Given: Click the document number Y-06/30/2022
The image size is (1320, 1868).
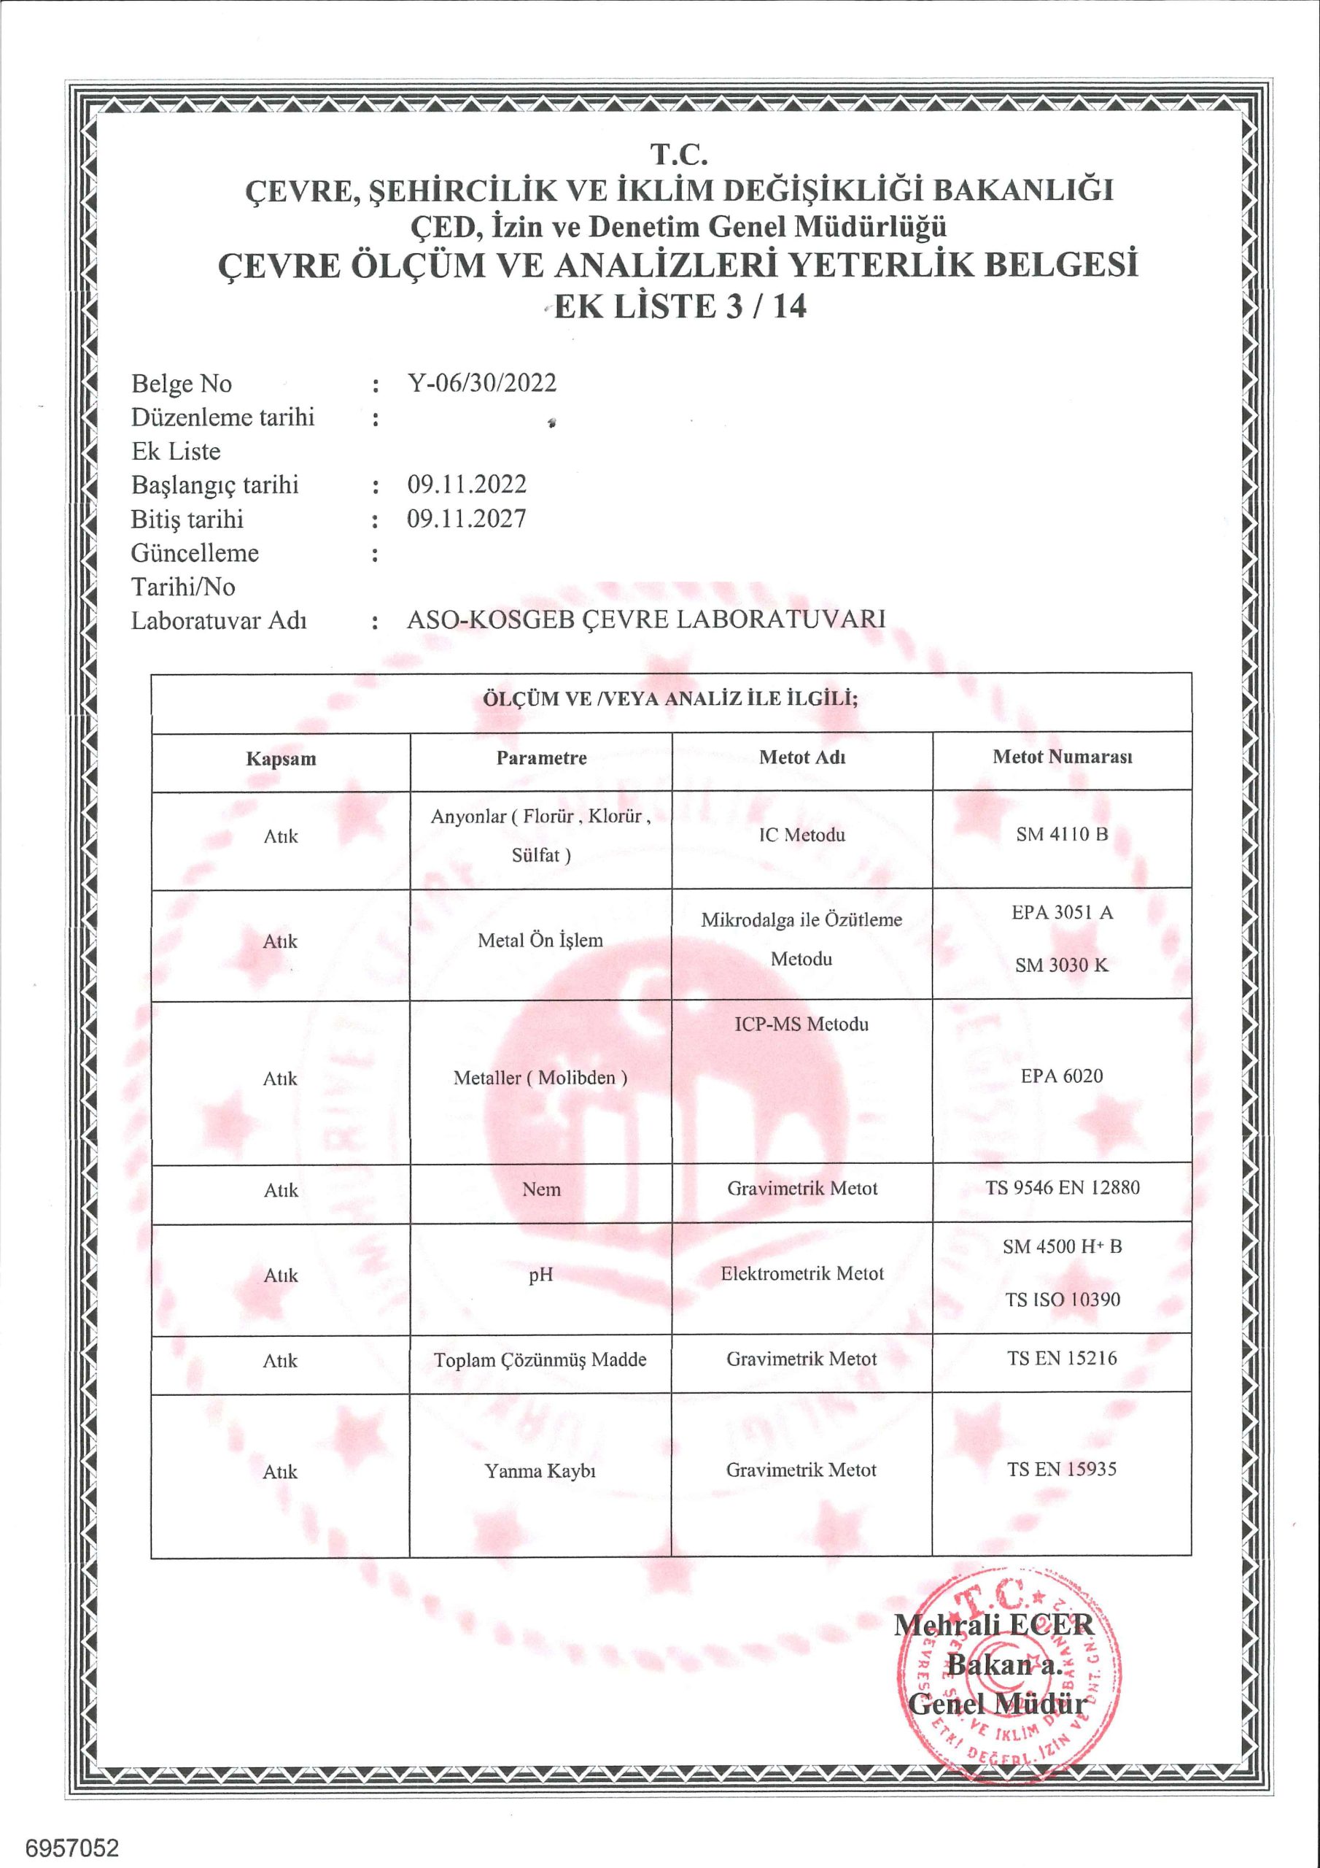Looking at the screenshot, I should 481,383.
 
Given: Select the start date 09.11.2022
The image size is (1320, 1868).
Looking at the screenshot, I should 467,485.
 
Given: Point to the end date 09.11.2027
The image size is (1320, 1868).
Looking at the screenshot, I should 467,519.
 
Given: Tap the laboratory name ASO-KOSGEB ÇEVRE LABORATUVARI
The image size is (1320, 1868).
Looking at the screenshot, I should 645,620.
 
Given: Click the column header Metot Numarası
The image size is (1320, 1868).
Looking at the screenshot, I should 1062,757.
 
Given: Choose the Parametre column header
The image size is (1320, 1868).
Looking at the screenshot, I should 542,758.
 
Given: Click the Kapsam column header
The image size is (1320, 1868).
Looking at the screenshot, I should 281,759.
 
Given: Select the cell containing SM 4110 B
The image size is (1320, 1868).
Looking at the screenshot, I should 1061,835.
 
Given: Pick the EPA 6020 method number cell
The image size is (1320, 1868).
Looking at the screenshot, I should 1061,1076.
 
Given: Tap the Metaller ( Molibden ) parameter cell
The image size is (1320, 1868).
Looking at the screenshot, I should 541,1078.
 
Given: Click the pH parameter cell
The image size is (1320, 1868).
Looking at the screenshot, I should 541,1275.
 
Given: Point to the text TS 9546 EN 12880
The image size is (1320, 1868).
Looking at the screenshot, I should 1062,1188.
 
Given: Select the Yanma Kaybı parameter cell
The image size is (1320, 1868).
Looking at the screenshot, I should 541,1471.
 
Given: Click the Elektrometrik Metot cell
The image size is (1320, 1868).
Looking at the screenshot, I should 802,1274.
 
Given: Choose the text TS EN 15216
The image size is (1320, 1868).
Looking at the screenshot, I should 1062,1358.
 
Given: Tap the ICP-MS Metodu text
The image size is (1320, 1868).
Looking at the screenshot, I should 802,1024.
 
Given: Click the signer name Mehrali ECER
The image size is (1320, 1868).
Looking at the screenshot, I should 994,1625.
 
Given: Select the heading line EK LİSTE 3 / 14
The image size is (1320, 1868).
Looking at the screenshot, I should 679,306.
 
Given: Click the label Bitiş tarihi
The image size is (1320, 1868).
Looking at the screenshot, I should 187,519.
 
